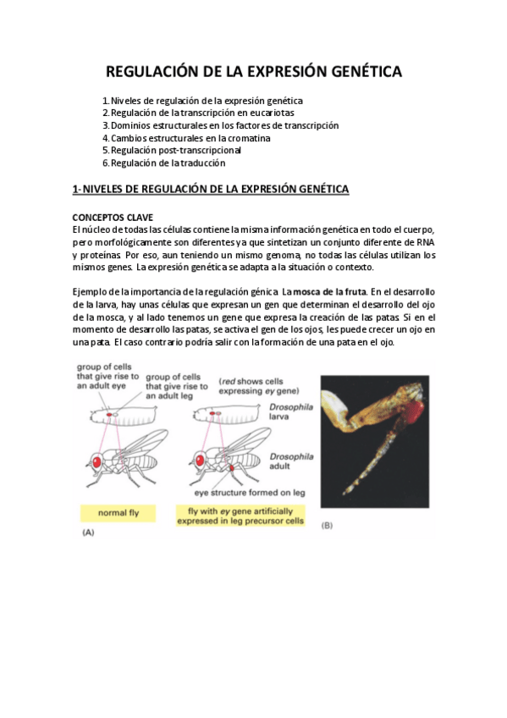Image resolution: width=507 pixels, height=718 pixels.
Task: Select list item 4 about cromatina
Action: [186, 138]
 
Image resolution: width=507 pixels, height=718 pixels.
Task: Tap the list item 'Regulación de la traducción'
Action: [164, 163]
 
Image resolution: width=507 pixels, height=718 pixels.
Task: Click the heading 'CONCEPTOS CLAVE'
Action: [113, 218]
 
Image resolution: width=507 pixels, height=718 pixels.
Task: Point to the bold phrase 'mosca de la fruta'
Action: [329, 291]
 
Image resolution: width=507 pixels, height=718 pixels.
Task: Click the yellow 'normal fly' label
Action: [118, 513]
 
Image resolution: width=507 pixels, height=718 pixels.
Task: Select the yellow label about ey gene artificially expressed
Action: [240, 516]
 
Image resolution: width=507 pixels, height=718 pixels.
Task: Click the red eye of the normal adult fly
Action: [96, 461]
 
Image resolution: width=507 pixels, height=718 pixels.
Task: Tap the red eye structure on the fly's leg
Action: [232, 468]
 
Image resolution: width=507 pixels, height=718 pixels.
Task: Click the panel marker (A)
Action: [88, 533]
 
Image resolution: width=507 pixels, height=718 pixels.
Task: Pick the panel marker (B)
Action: [327, 526]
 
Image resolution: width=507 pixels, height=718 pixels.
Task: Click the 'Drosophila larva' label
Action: [291, 411]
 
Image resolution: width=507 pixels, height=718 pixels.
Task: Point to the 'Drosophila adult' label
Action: [291, 461]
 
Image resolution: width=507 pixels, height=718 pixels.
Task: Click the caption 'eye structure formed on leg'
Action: [250, 493]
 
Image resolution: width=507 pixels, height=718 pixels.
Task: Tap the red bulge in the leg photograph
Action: [415, 408]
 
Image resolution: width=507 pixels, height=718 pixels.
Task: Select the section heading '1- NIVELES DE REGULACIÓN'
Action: [211, 189]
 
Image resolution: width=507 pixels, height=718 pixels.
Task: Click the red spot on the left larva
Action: [109, 414]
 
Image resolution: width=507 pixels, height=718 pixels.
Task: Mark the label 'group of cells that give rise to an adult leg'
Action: [177, 386]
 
